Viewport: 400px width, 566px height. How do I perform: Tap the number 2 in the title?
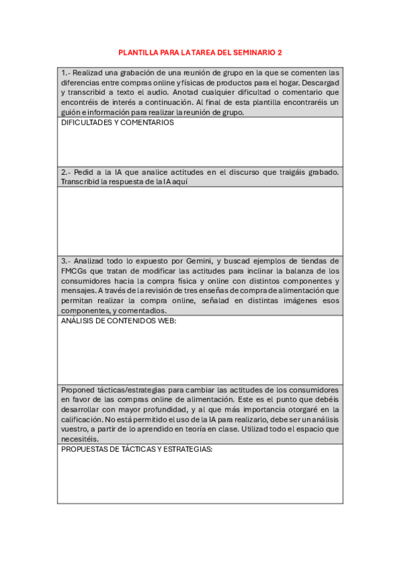click(x=280, y=51)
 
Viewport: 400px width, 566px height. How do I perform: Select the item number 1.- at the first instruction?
click(x=65, y=73)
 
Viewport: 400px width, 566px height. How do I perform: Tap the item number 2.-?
click(x=65, y=172)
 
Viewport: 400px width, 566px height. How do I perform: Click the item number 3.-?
click(x=65, y=261)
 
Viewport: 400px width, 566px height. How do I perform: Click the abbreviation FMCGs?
click(x=73, y=271)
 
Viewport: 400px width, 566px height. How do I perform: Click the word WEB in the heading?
click(x=164, y=321)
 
